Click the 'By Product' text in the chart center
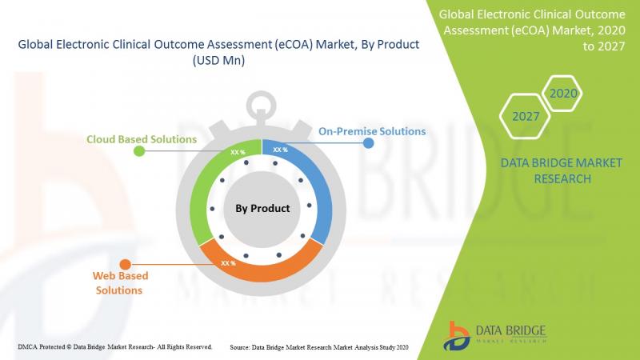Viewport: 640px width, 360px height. [262, 209]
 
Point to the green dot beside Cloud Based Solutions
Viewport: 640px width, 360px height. [139, 151]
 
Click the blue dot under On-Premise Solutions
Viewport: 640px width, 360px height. [368, 143]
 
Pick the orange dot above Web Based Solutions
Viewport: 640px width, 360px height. [126, 265]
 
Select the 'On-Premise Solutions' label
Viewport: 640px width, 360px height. [372, 131]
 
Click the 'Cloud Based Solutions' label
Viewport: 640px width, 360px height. [142, 139]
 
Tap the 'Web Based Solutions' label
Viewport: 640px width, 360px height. [120, 283]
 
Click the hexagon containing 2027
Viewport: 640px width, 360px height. [526, 116]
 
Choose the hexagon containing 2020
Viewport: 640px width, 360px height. [563, 94]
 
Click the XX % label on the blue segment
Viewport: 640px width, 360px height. [281, 150]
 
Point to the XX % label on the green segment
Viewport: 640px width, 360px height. [238, 152]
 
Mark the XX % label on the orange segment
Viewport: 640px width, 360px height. [228, 263]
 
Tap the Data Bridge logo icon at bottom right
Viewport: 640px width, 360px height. [457, 336]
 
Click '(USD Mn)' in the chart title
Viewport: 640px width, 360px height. [218, 61]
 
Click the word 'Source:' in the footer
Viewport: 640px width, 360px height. [239, 347]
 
